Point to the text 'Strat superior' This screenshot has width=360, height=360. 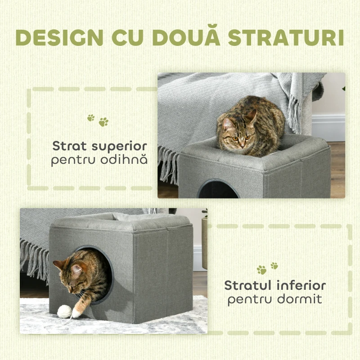click(x=99, y=146)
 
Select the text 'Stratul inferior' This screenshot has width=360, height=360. click(x=275, y=285)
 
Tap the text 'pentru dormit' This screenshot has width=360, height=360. click(x=275, y=299)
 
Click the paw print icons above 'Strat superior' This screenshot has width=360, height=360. click(x=98, y=120)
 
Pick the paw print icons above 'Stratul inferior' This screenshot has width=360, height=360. click(x=267, y=268)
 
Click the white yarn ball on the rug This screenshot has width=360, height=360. click(x=65, y=311)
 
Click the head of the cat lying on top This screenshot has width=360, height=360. click(x=237, y=133)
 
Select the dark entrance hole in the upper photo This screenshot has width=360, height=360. click(x=218, y=190)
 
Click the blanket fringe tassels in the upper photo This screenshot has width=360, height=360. click(x=169, y=164)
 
